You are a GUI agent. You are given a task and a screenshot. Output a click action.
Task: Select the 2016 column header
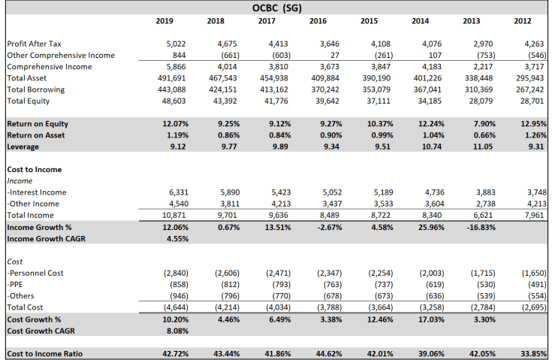pyautogui.click(x=318, y=21)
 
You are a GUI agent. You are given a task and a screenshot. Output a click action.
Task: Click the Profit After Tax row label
pyautogui.click(x=35, y=44)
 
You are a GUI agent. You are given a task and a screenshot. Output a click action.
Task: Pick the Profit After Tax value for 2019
pyautogui.click(x=175, y=44)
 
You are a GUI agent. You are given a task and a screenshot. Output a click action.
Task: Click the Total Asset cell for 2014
pyautogui.click(x=425, y=78)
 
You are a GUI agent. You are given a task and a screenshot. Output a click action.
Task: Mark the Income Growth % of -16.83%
pyautogui.click(x=475, y=227)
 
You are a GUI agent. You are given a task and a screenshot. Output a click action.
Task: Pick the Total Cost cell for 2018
pyautogui.click(x=227, y=307)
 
